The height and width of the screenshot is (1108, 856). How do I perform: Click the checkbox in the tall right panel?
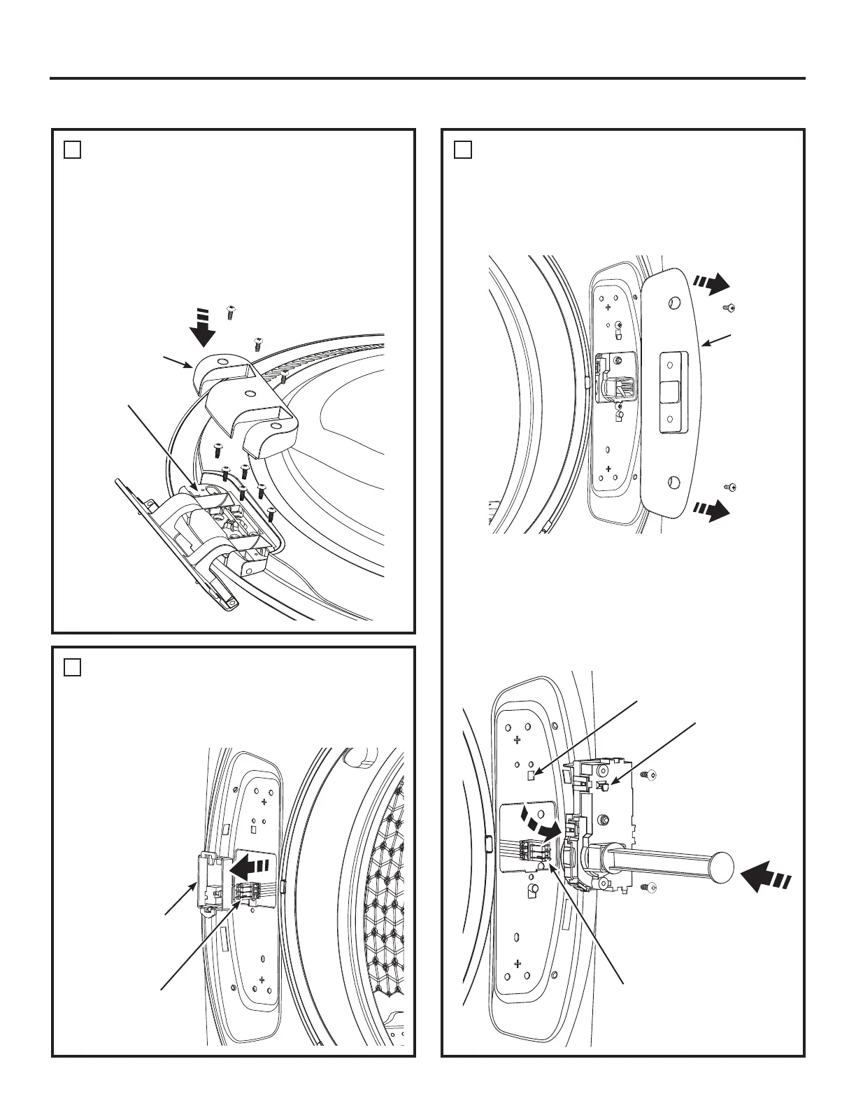pyautogui.click(x=462, y=150)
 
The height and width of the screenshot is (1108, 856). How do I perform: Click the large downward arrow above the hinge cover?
pyautogui.click(x=204, y=329)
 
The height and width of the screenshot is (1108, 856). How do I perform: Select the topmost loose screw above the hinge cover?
pyautogui.click(x=229, y=313)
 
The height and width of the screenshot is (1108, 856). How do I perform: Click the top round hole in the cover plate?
pyautogui.click(x=674, y=303)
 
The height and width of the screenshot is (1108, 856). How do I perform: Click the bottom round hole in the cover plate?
pyautogui.click(x=673, y=482)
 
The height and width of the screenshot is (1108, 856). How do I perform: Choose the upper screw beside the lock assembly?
pyautogui.click(x=648, y=775)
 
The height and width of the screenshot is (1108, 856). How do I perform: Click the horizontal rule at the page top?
pyautogui.click(x=427, y=78)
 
